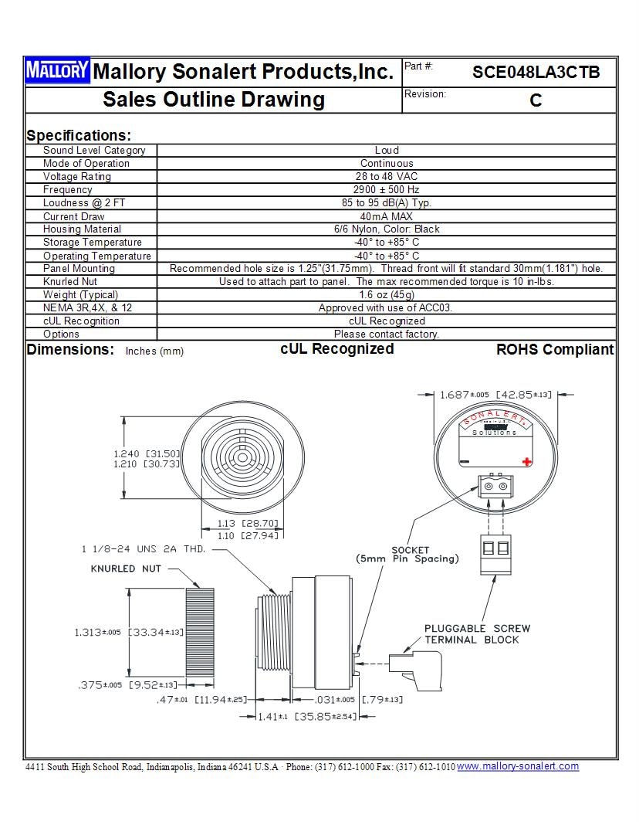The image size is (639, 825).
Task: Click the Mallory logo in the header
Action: pyautogui.click(x=58, y=71)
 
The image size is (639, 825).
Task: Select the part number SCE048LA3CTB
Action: pyautogui.click(x=536, y=73)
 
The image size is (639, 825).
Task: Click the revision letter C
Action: pyautogui.click(x=536, y=101)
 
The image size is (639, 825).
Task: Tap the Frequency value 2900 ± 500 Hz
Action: pyautogui.click(x=387, y=189)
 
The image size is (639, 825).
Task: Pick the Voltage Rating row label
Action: pyautogui.click(x=77, y=176)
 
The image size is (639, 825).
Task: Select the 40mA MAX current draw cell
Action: pyautogui.click(x=387, y=216)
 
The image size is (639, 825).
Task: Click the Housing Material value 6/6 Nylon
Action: pyautogui.click(x=387, y=229)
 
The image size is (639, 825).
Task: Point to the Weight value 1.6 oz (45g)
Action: pyautogui.click(x=387, y=295)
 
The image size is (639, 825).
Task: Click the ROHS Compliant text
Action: pyautogui.click(x=555, y=350)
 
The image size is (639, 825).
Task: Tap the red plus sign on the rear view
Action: pyautogui.click(x=527, y=461)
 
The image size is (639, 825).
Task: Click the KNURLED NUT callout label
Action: pyautogui.click(x=126, y=569)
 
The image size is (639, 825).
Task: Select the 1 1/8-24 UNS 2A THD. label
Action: pyautogui.click(x=144, y=549)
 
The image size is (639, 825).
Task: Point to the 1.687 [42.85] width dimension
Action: pyautogui.click(x=495, y=395)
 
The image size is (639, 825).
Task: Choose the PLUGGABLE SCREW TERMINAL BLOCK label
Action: pyautogui.click(x=477, y=634)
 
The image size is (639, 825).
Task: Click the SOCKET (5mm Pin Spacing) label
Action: pyautogui.click(x=407, y=555)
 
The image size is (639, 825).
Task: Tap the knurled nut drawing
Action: pyautogui.click(x=199, y=631)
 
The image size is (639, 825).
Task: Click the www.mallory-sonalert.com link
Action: pyautogui.click(x=518, y=766)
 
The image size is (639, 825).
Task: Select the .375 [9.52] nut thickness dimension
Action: pyautogui.click(x=129, y=685)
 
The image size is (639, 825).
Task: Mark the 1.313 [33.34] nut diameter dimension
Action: pyautogui.click(x=129, y=633)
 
